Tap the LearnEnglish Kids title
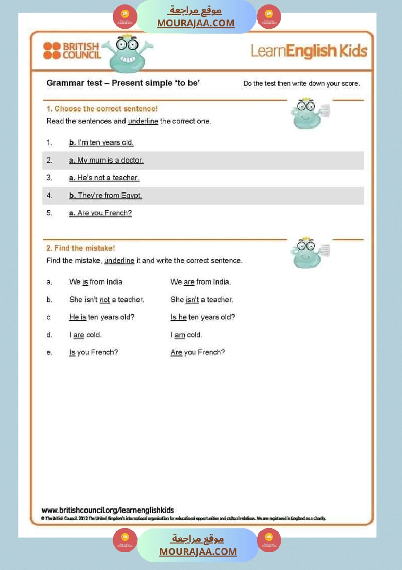click(309, 51)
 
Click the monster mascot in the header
click(127, 53)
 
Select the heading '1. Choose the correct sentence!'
click(102, 109)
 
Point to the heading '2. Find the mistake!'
click(80, 248)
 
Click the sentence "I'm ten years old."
click(105, 143)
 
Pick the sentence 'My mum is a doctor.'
click(110, 160)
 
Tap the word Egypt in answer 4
click(132, 196)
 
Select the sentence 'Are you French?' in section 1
click(104, 213)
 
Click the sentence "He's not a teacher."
click(108, 178)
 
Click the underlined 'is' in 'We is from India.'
click(85, 282)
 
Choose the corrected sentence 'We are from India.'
click(200, 282)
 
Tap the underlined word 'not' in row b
click(105, 299)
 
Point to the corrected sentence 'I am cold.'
click(186, 335)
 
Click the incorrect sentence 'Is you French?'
click(94, 353)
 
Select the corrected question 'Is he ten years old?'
click(203, 317)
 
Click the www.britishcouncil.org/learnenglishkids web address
click(108, 511)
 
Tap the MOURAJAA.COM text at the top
click(196, 23)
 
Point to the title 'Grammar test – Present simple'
click(123, 83)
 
